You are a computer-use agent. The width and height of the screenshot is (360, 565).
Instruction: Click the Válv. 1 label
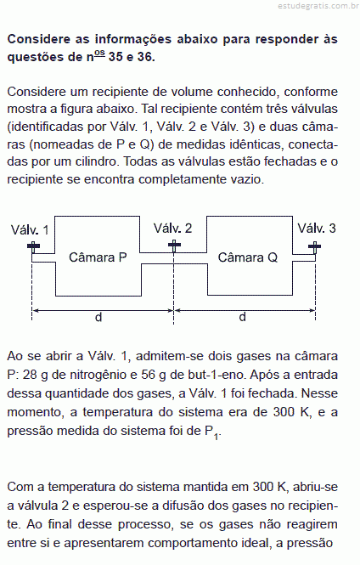tap(30, 229)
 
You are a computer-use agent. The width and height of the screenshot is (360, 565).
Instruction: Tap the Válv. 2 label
tap(173, 228)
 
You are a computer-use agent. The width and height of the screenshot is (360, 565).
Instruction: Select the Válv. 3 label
tap(317, 228)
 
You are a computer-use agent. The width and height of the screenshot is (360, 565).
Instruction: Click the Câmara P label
tap(98, 257)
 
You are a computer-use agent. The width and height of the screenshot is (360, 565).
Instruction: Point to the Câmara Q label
tap(248, 257)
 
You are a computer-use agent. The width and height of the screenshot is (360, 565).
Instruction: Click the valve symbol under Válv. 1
tap(33, 247)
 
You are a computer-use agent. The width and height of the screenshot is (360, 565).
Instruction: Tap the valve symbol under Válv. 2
tap(174, 246)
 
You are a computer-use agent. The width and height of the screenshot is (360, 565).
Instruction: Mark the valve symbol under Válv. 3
tap(315, 247)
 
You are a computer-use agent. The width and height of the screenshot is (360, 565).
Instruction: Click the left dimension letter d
tap(98, 317)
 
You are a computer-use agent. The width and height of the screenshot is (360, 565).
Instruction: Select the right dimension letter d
tap(243, 317)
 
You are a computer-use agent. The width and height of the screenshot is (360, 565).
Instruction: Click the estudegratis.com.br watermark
tap(318, 7)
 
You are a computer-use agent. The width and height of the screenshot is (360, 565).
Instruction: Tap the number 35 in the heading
tap(115, 57)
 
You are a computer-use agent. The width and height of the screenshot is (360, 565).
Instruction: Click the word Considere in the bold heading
tap(39, 39)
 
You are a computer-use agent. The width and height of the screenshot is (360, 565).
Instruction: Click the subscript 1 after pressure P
tap(216, 437)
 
